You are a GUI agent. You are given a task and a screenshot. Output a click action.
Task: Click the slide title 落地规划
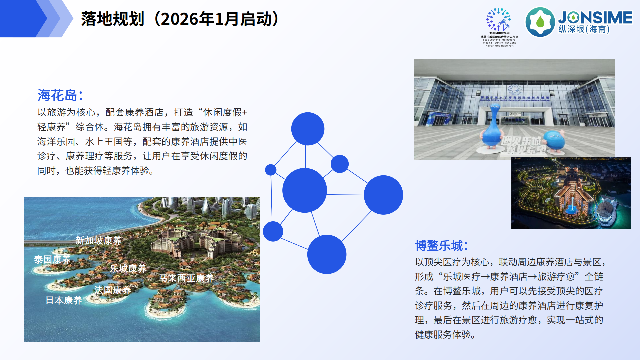pos(112,19)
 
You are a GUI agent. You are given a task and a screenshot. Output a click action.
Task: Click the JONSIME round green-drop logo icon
pos(540,22)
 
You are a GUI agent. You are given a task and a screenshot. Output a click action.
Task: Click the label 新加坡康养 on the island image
pos(98,240)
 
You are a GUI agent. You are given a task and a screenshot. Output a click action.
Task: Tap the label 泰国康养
pos(52,259)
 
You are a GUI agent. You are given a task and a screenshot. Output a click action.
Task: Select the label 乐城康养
pos(128,268)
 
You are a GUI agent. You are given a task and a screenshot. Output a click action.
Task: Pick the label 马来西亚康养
pos(186,278)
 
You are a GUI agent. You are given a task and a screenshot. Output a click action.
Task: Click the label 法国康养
pos(112,290)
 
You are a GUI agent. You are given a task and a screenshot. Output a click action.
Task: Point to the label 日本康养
pos(64,300)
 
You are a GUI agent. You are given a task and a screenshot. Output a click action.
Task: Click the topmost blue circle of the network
pos(308,129)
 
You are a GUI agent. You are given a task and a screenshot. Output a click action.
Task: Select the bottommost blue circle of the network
pos(327,254)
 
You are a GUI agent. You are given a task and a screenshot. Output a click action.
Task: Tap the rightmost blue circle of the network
pos(383,195)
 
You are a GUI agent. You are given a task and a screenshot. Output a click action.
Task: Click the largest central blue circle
pos(304,190)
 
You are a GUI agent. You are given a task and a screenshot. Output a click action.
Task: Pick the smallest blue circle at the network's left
pos(271,170)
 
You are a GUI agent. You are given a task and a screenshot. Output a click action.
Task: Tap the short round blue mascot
pos(554,140)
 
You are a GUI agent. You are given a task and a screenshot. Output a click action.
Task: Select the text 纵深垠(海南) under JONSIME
pos(584,29)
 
